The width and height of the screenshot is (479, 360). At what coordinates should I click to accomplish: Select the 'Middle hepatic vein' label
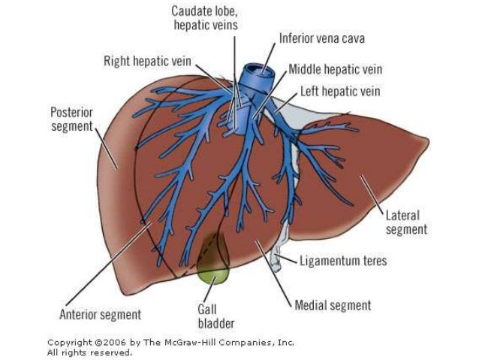point(335,69)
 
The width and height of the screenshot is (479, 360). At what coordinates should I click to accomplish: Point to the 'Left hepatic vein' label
point(340,92)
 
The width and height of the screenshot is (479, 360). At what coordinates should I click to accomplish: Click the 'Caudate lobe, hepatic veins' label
point(205,18)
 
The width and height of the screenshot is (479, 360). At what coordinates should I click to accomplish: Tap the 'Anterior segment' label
point(100,313)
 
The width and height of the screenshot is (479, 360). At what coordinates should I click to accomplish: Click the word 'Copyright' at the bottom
point(70,342)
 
